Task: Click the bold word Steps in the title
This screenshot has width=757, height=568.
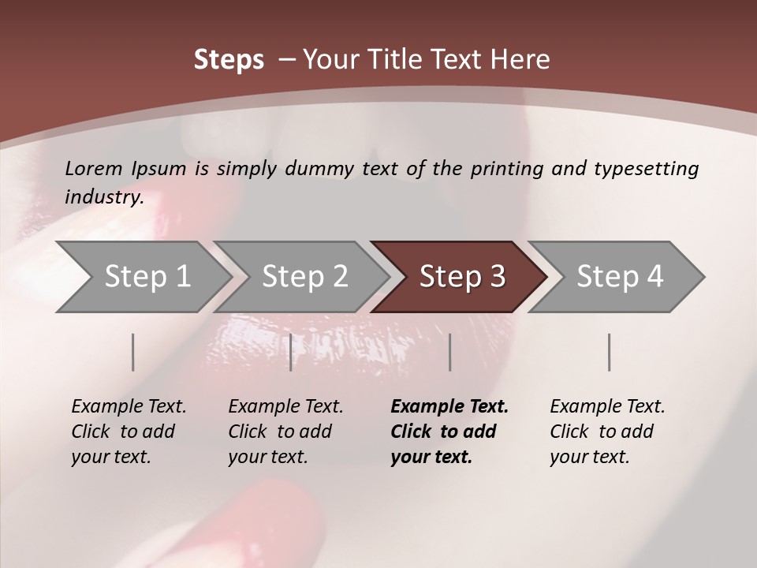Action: click(229, 60)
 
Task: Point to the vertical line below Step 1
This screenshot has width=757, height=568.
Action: click(133, 352)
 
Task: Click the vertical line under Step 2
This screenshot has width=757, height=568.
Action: click(291, 352)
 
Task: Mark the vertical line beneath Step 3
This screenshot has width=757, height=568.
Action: click(449, 352)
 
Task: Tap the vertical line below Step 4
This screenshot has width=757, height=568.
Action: click(610, 352)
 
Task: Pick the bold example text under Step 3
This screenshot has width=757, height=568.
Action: click(449, 432)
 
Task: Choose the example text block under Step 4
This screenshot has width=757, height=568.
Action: click(607, 432)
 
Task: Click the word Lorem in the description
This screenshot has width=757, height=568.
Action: click(94, 168)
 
